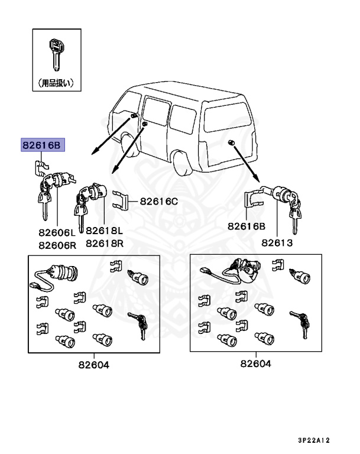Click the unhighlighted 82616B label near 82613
247,226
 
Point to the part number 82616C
158,201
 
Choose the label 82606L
58,232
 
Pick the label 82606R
58,244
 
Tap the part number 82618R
104,244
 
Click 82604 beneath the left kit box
93,365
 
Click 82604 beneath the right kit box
255,364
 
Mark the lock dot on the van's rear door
231,142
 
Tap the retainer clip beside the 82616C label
119,200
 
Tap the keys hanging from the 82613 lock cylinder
294,214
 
